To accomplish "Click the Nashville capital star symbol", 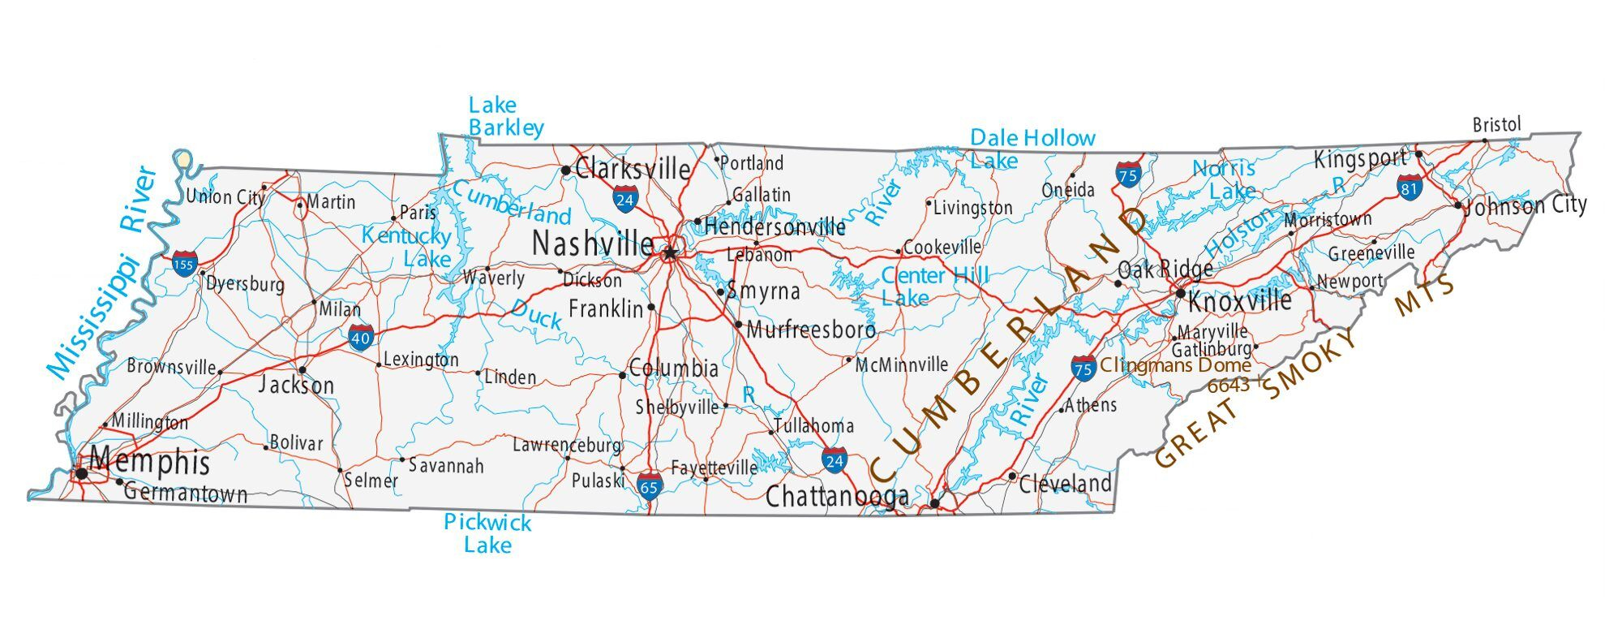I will (x=669, y=253).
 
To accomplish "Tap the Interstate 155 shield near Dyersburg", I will (x=184, y=264).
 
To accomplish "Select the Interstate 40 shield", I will (x=362, y=337).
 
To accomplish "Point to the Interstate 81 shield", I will (x=1410, y=187).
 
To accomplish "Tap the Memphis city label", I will (x=150, y=462).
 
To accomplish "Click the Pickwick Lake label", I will (x=487, y=533).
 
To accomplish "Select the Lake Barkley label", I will (x=505, y=116).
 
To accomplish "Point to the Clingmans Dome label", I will (x=1175, y=365).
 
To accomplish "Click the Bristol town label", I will (x=1496, y=124).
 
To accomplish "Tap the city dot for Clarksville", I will (x=565, y=170).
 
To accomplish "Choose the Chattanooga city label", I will (x=837, y=496).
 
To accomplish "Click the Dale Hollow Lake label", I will (x=1032, y=149).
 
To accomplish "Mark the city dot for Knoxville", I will (x=1181, y=293).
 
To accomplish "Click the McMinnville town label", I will (x=902, y=364).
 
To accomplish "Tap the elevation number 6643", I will (x=1228, y=386).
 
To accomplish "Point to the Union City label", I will (x=225, y=196).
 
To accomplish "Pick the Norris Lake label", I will (x=1225, y=179).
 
